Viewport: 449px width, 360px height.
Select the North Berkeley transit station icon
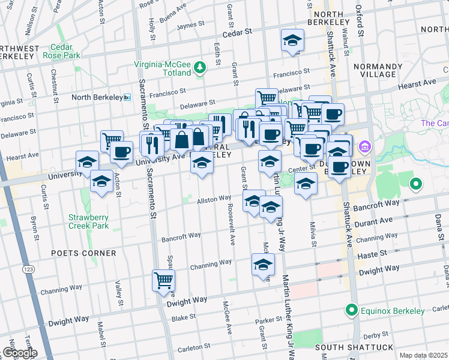127,97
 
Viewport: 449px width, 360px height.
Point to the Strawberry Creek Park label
88,221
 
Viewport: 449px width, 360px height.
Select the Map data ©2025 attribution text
423,355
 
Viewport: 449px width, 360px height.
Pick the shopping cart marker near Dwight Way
163,280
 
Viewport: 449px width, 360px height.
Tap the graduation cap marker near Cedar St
292,40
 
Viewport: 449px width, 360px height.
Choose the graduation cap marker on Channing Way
263,265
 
